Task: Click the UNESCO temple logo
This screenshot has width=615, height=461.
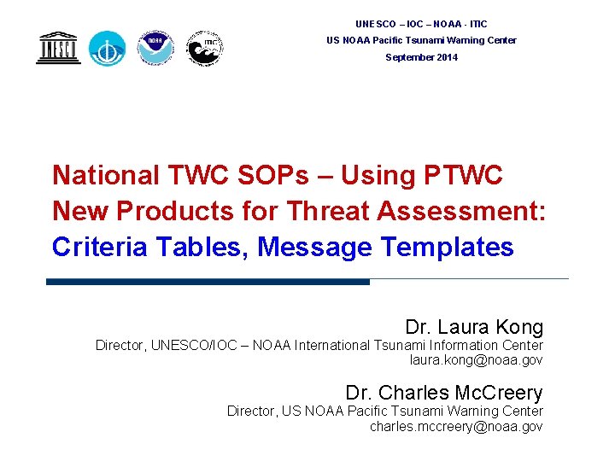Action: coord(58,48)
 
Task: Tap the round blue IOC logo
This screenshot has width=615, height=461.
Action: coord(108,49)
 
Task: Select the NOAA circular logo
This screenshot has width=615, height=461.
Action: coord(155,48)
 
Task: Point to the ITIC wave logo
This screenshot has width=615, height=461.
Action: coord(205,49)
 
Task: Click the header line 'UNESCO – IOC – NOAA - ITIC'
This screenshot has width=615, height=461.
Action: coord(421,24)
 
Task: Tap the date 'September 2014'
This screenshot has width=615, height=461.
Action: coord(421,57)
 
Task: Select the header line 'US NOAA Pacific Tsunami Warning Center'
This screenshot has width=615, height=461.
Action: coord(421,40)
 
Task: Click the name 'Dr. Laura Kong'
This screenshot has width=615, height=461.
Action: coord(474,327)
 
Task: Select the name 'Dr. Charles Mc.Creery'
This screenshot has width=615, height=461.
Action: coord(444,393)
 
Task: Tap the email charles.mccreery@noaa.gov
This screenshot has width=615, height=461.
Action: coord(456,426)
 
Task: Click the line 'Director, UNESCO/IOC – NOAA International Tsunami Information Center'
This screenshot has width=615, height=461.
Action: coord(319,346)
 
